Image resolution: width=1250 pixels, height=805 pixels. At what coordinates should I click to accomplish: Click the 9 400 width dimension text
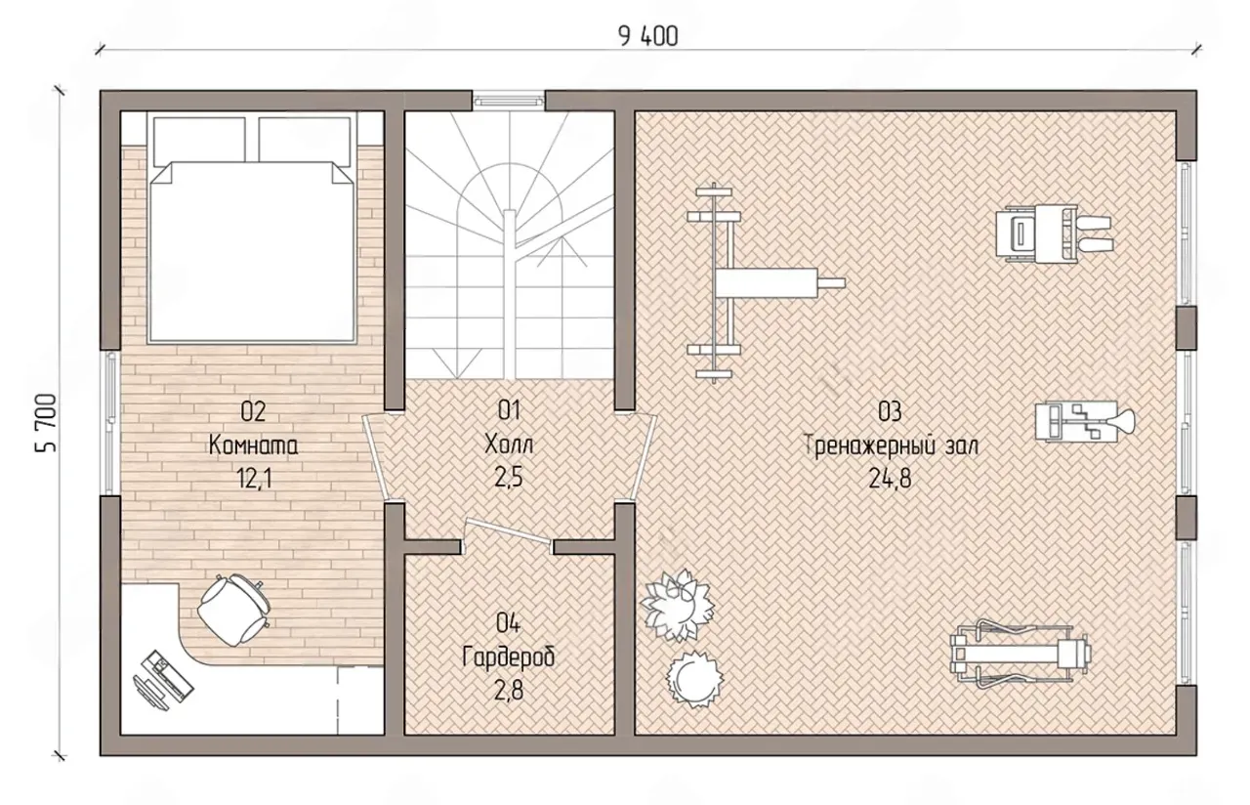click(x=647, y=37)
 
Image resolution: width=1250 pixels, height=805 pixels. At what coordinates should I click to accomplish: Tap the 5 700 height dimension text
click(x=47, y=423)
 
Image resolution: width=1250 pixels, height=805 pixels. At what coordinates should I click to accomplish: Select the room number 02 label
click(x=253, y=411)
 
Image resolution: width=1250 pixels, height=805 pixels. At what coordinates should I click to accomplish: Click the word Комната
click(x=253, y=446)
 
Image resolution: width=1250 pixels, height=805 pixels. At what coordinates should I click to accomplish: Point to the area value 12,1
click(x=254, y=479)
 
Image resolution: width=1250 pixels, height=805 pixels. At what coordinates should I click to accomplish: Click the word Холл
click(x=509, y=445)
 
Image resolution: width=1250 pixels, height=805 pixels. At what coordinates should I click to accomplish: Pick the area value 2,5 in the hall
click(x=509, y=478)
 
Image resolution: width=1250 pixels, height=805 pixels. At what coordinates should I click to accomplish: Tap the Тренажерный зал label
click(x=892, y=446)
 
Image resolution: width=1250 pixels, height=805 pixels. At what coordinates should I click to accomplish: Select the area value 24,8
click(x=890, y=479)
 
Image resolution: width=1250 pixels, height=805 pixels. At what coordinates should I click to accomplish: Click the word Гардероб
click(x=509, y=658)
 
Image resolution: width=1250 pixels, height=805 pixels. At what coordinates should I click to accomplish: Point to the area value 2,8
click(x=509, y=692)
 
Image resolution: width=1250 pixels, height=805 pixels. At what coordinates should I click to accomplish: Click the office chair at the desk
click(x=233, y=610)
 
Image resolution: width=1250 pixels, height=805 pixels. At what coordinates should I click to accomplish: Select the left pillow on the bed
click(x=199, y=141)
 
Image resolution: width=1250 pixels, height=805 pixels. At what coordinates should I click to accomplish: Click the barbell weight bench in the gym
click(x=766, y=283)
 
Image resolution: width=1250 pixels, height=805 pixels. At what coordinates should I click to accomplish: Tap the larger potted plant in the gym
click(x=677, y=605)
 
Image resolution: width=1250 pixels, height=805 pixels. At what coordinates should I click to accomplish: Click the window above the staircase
click(x=509, y=101)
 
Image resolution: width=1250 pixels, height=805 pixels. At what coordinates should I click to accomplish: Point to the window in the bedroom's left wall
click(x=110, y=423)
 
